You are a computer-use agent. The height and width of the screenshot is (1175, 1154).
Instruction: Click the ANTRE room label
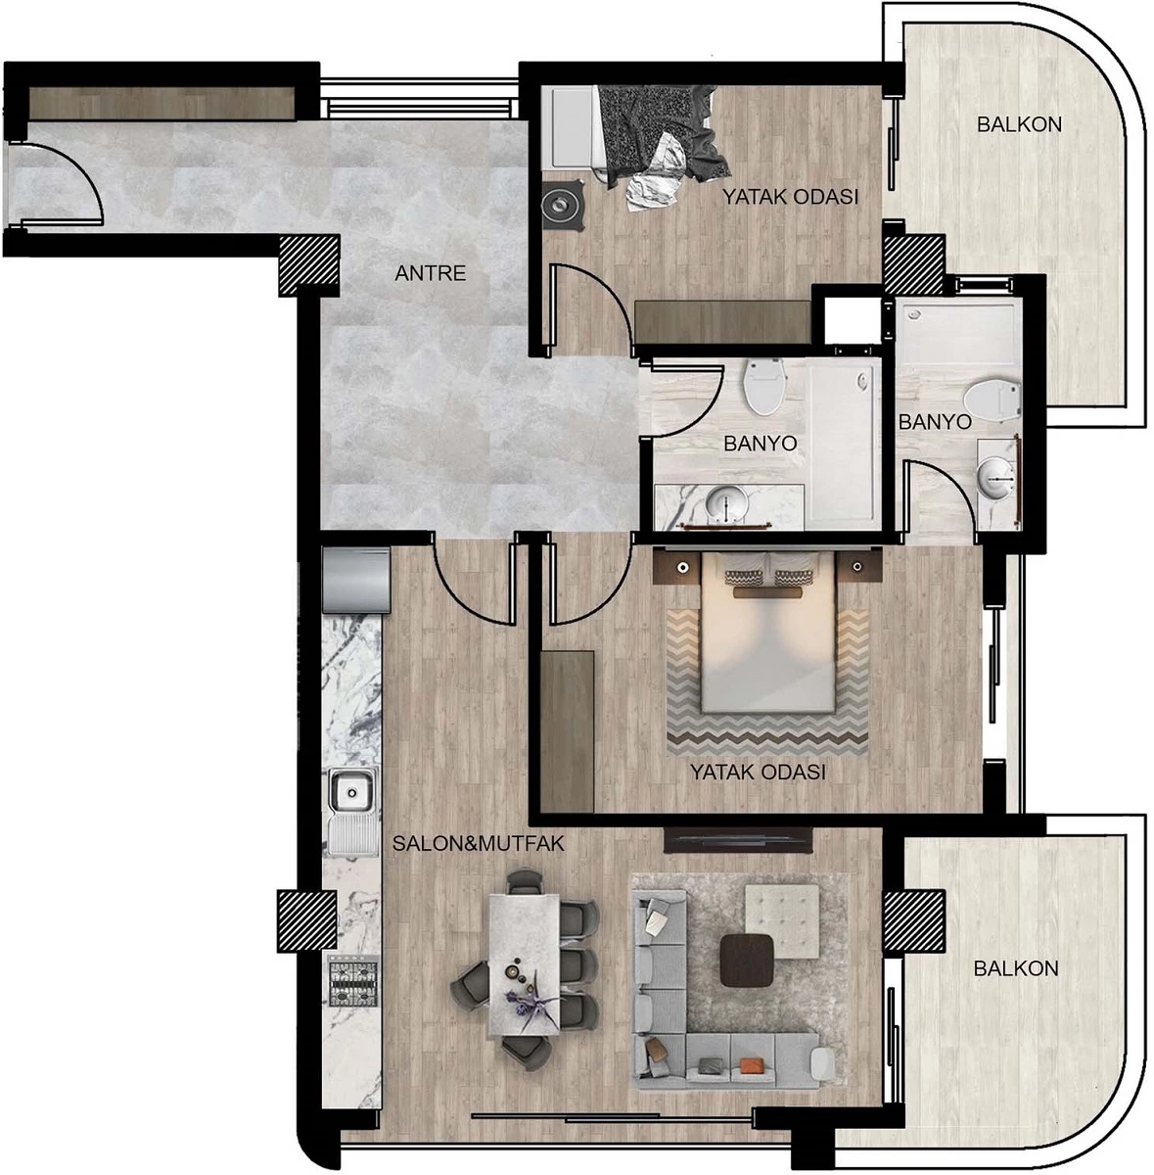(x=430, y=272)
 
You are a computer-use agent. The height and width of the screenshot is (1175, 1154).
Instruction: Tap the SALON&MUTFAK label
(x=478, y=843)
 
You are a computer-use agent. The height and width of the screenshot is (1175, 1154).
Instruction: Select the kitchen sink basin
(x=351, y=791)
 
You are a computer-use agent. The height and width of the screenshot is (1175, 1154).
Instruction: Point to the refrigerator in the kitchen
(x=356, y=580)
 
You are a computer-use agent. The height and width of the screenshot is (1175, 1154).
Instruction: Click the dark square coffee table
(x=747, y=960)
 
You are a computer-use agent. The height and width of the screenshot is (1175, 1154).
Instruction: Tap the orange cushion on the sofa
(x=752, y=1064)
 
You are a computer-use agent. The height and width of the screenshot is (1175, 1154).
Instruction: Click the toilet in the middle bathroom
(x=763, y=386)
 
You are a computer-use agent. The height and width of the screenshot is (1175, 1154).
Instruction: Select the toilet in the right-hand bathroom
(x=992, y=399)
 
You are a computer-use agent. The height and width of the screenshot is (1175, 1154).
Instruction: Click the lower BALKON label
(x=1016, y=968)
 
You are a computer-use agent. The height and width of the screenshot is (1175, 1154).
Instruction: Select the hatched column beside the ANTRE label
(x=308, y=266)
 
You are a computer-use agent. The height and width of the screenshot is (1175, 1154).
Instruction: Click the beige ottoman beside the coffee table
(x=781, y=920)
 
